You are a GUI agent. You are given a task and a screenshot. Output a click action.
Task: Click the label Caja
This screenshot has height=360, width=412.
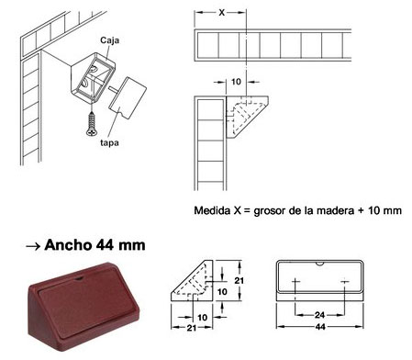109,40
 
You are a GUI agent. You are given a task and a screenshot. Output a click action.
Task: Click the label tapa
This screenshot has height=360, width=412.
109,142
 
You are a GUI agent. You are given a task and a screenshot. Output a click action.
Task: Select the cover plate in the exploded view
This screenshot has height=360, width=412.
128,97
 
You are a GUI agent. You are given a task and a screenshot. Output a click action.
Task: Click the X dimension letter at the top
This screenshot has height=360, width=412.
222,13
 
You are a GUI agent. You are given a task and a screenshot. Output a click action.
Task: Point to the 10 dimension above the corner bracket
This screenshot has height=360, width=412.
236,82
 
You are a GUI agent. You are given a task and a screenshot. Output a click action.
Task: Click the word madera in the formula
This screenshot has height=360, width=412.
335,210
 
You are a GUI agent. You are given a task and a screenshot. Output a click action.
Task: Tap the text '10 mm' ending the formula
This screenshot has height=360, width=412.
384,210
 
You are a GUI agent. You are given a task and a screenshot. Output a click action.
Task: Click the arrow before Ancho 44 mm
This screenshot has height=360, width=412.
33,246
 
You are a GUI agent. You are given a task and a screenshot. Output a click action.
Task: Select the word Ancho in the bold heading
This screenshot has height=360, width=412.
68,245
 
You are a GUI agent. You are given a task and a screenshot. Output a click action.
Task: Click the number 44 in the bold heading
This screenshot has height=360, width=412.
105,245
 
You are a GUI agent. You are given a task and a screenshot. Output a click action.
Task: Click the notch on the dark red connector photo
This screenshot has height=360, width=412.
80,278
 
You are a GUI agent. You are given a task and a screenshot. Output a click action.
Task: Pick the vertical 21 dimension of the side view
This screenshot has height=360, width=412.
239,280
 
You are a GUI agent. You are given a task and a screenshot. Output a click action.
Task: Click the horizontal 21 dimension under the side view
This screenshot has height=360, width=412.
191,328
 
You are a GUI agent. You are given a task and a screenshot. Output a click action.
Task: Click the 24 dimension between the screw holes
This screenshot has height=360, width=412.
319,315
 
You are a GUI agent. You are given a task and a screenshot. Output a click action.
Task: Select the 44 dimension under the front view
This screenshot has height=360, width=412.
320,327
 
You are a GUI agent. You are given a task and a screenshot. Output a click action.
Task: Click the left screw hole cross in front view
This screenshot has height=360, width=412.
295,281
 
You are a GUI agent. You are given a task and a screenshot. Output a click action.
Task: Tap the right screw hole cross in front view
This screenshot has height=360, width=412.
345,281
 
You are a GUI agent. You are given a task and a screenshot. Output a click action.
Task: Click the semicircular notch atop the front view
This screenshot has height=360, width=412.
319,264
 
